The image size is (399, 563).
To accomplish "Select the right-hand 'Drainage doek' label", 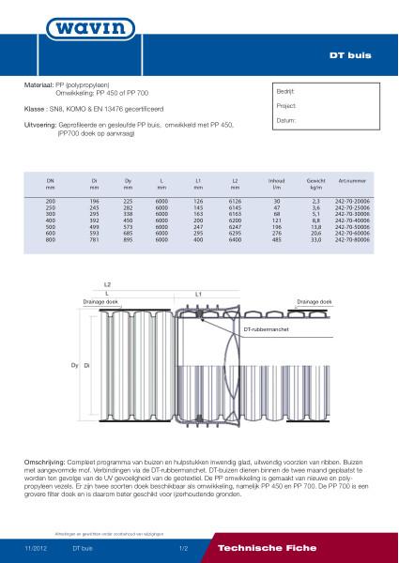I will click(x=313, y=302).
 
